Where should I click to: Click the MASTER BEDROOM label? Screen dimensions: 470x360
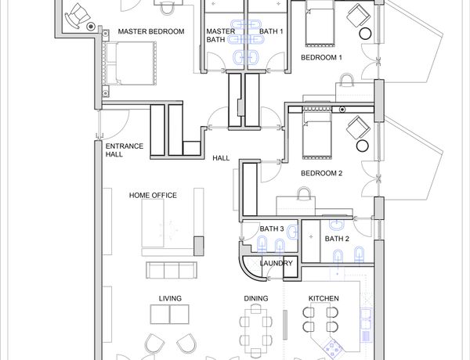tap(151, 31)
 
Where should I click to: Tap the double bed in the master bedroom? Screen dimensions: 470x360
tap(129, 63)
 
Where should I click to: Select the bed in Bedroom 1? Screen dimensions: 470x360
tap(320, 23)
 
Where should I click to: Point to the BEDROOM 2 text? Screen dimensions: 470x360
tap(321, 173)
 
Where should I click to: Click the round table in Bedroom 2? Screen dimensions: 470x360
tap(362, 146)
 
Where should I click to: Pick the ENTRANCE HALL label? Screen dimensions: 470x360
tap(125, 150)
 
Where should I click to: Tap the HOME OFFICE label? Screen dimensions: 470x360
tap(153, 196)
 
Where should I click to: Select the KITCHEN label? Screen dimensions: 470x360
tap(324, 298)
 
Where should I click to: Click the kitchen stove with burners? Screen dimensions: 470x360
tap(332, 348)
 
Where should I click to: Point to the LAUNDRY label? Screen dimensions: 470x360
tap(276, 263)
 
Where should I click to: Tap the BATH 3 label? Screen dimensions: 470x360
tap(272, 229)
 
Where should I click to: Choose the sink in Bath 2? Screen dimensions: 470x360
tap(337, 225)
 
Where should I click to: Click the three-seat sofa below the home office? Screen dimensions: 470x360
tap(171, 270)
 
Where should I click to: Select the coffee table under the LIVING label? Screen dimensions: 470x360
tap(170, 315)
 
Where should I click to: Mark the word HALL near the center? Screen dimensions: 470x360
tap(221, 158)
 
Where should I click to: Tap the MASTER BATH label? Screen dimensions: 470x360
tap(221, 35)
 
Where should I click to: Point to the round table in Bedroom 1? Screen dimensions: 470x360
tap(365, 34)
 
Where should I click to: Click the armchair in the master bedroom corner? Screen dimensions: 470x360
tap(76, 16)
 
